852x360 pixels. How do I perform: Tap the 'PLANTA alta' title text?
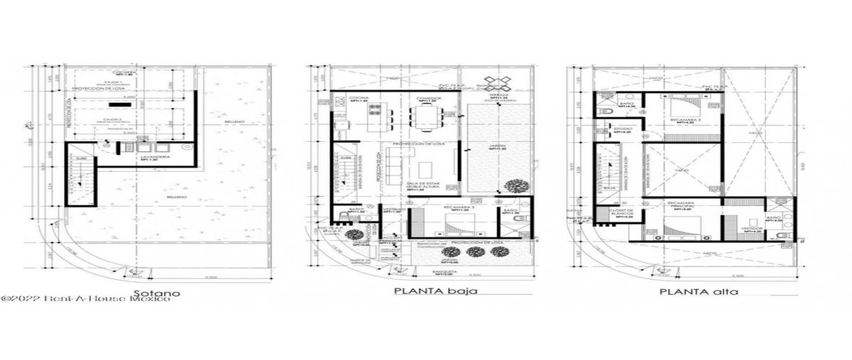[689, 291]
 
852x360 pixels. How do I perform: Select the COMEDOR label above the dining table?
[427, 100]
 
